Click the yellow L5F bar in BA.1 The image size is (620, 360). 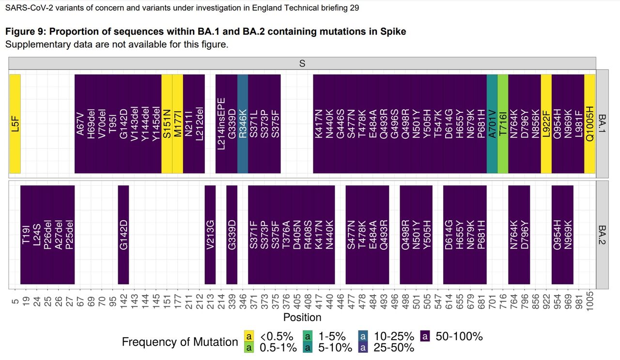click(x=15, y=123)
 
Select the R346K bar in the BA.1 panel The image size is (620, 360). click(x=243, y=123)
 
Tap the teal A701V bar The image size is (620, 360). click(x=492, y=123)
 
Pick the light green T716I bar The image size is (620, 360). click(x=503, y=123)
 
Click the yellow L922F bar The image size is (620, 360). click(x=546, y=123)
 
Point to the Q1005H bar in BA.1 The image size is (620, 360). click(x=589, y=123)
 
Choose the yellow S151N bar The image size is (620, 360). click(x=167, y=123)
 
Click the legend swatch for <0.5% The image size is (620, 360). click(x=248, y=336)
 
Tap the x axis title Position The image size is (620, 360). click(x=302, y=317)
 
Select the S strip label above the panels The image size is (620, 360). click(x=302, y=63)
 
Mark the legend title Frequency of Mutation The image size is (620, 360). click(x=180, y=342)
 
